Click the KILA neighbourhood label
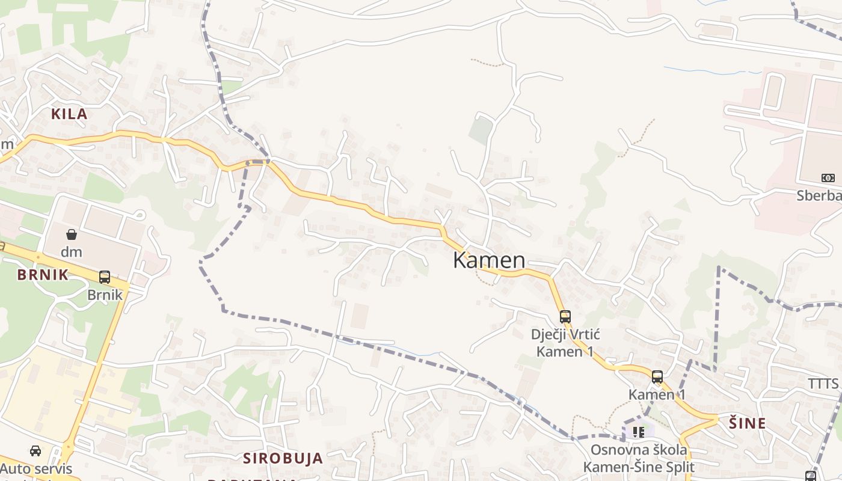pyautogui.click(x=69, y=114)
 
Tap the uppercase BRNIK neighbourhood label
pyautogui.click(x=43, y=275)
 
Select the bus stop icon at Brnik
pyautogui.click(x=105, y=277)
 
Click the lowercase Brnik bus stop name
pyautogui.click(x=105, y=295)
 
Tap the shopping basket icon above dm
pyautogui.click(x=72, y=234)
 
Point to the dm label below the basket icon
pyautogui.click(x=72, y=251)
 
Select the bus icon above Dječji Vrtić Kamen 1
pyautogui.click(x=565, y=317)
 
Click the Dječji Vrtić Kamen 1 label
pyautogui.click(x=565, y=343)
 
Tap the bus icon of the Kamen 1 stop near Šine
pyautogui.click(x=657, y=377)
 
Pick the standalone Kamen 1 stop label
pyautogui.click(x=657, y=394)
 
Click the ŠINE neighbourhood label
pyautogui.click(x=748, y=423)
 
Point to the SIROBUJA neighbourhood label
pyautogui.click(x=283, y=458)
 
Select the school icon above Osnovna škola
pyautogui.click(x=639, y=432)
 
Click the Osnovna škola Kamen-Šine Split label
pyautogui.click(x=639, y=458)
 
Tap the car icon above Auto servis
pyautogui.click(x=35, y=451)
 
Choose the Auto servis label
pyautogui.click(x=36, y=468)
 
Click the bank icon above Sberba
pyautogui.click(x=828, y=178)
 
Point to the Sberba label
pyautogui.click(x=819, y=195)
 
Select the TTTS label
pyautogui.click(x=823, y=384)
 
